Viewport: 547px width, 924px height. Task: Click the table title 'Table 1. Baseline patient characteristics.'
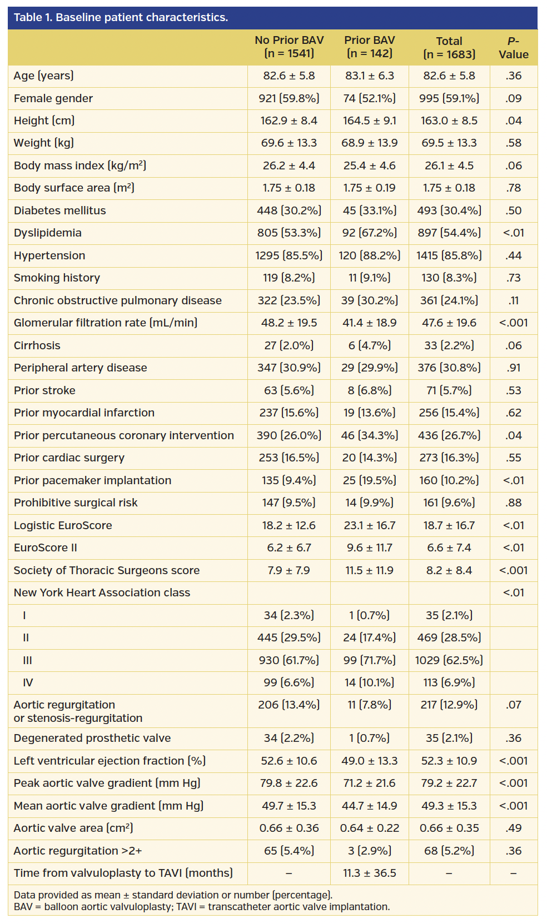click(121, 17)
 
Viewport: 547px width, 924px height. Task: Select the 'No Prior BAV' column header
click(289, 47)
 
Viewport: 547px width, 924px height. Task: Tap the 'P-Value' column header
click(513, 48)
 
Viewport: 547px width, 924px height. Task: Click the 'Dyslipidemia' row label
click(48, 233)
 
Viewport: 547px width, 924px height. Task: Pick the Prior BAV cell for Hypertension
click(370, 255)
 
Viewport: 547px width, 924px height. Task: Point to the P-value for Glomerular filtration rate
click(513, 323)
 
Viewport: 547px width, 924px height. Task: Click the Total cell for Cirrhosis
click(449, 345)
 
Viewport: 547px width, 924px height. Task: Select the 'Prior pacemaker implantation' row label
click(92, 480)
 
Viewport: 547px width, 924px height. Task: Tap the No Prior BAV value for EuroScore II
click(289, 548)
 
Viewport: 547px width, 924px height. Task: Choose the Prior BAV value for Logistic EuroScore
click(370, 525)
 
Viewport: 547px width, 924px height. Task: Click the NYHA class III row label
click(27, 660)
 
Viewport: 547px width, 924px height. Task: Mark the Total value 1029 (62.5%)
click(449, 660)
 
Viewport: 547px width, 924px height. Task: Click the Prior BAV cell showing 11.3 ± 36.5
click(370, 873)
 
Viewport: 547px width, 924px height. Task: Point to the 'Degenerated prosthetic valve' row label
click(92, 738)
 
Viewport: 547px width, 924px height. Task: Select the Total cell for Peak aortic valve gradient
click(449, 783)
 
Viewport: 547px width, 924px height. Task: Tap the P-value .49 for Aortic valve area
click(513, 828)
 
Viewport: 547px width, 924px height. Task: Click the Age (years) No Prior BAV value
click(289, 76)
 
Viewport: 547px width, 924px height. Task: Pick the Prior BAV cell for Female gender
click(370, 98)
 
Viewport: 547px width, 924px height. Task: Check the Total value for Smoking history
click(449, 278)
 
